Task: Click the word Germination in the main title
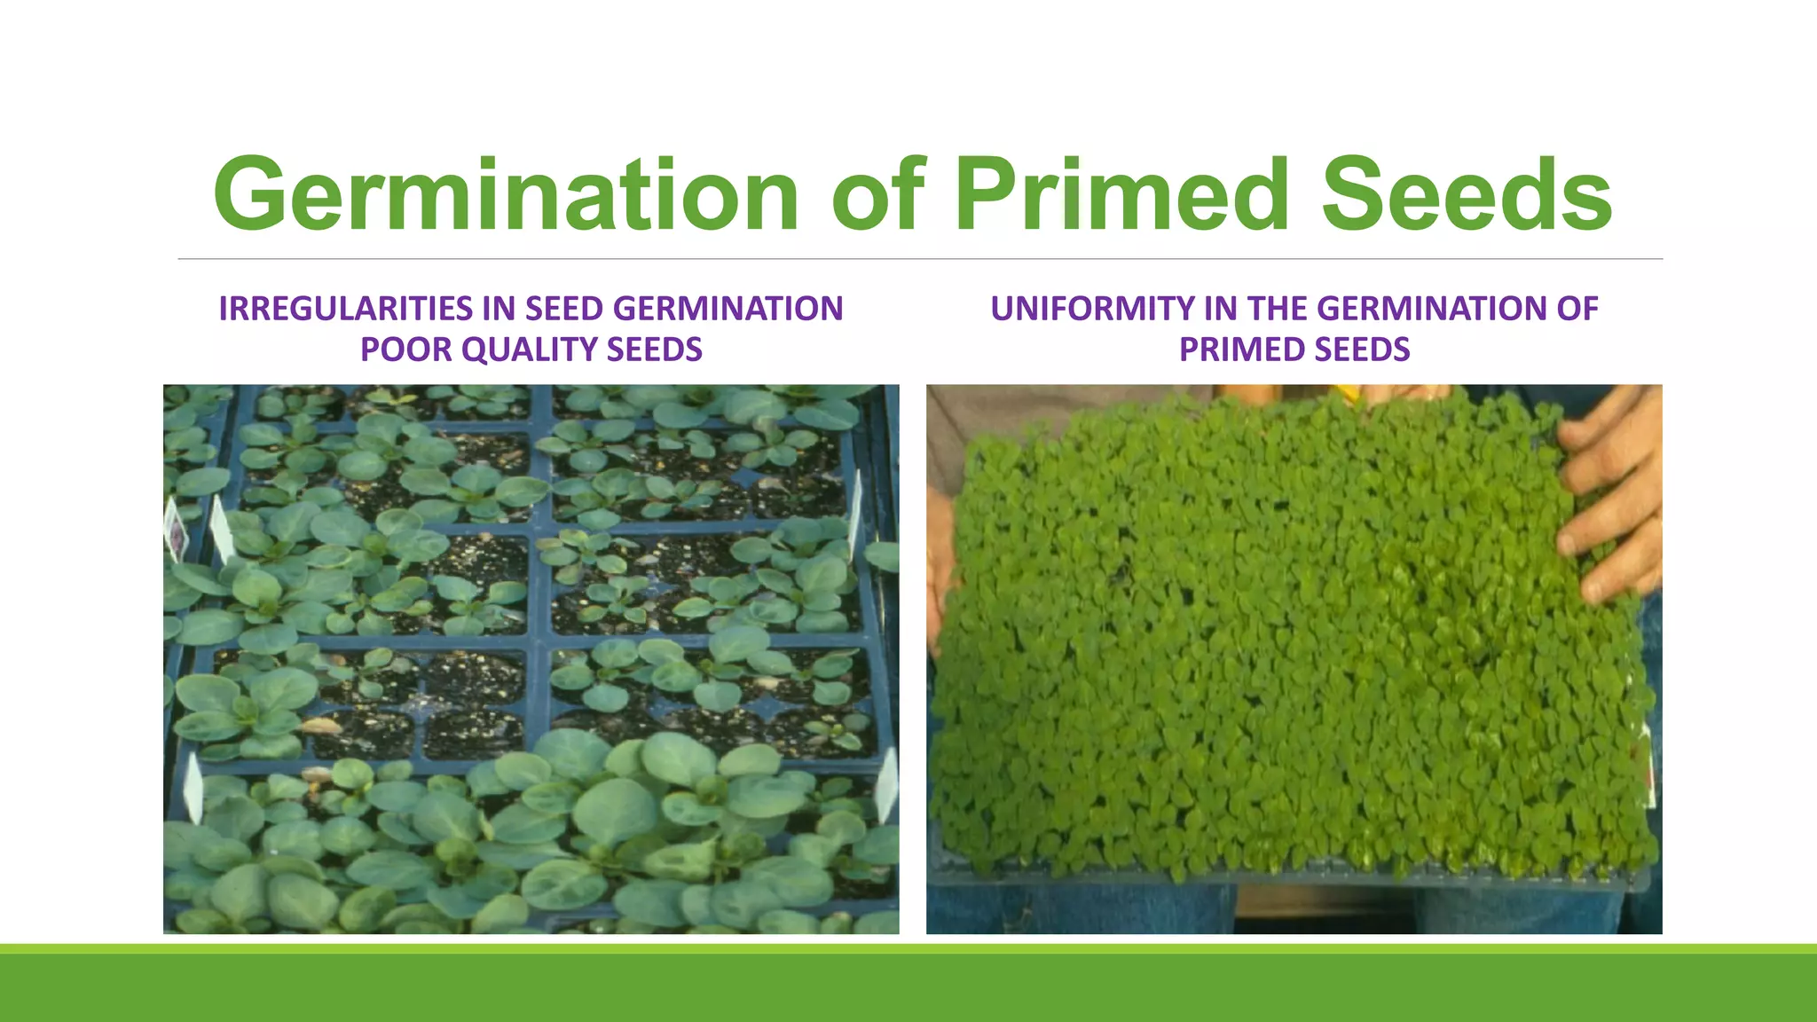[x=506, y=195]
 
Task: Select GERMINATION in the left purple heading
[x=728, y=309]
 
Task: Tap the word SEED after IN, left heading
[x=564, y=309]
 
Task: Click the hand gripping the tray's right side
[x=1610, y=497]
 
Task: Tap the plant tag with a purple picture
[x=177, y=531]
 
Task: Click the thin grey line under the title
[x=920, y=259]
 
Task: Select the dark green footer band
[x=908, y=988]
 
